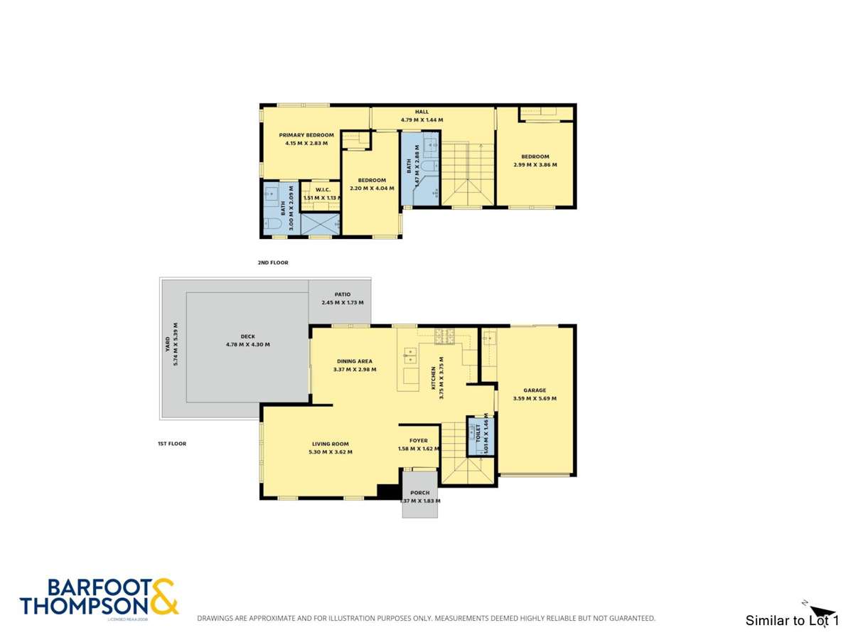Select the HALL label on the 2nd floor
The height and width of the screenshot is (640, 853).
pos(422,112)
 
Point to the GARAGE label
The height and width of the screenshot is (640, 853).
pos(535,390)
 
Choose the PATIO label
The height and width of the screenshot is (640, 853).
pos(342,294)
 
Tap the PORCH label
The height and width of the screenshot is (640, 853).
pos(420,493)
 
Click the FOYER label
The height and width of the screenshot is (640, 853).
pos(419,441)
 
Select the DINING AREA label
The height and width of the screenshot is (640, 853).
pos(355,361)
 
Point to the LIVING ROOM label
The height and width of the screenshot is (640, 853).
pos(331,444)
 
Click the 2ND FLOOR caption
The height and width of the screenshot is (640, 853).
pos(273,263)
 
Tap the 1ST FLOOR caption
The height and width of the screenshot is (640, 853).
pos(172,444)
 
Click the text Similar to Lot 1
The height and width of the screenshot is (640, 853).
pos(792,621)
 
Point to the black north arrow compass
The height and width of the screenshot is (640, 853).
pos(822,612)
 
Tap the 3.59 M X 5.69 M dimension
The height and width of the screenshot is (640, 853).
pos(535,399)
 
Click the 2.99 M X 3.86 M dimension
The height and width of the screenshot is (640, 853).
pos(535,165)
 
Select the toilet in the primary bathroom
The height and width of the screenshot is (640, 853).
pos(273,224)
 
